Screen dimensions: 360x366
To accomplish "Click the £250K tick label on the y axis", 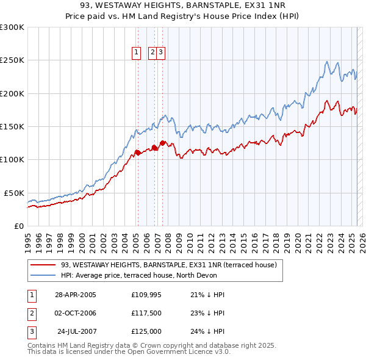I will [12, 60].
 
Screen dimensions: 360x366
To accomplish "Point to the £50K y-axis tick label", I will [14, 193].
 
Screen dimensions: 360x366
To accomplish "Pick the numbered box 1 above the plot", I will [137, 52].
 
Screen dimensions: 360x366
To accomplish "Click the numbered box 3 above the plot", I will [160, 52].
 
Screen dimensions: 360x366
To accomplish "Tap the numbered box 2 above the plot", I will [152, 52].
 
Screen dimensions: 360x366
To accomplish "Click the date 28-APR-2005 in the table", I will [76, 295].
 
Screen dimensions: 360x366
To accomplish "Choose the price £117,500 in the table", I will [146, 313].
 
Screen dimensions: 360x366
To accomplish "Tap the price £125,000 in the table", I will [146, 331].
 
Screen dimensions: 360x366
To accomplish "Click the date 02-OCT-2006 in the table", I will [76, 313].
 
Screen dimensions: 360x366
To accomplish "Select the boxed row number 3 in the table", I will [30, 331].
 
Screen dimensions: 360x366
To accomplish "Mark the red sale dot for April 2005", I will [138, 153].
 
